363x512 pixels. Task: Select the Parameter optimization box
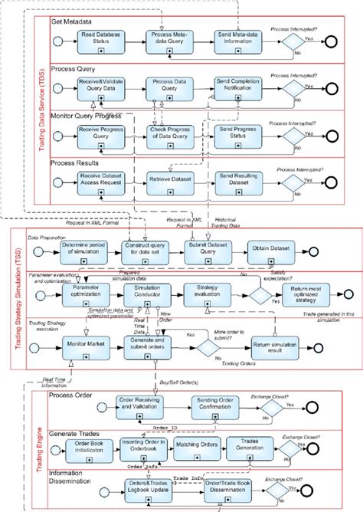(x=85, y=294)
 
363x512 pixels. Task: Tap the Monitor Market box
(x=85, y=345)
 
